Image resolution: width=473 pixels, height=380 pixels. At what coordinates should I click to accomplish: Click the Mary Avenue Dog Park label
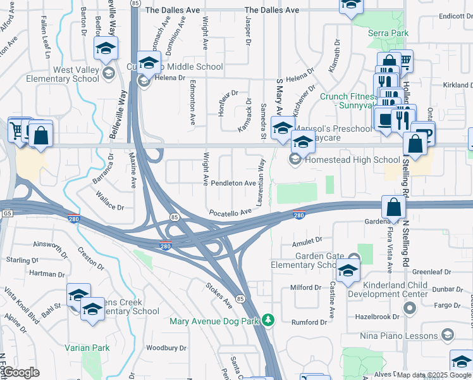point(215,321)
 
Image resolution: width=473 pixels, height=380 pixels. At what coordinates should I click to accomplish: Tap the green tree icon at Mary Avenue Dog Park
point(269,320)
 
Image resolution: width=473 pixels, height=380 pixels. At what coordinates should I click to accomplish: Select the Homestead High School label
point(352,160)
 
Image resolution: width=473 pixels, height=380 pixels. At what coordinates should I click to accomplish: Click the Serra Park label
point(390,33)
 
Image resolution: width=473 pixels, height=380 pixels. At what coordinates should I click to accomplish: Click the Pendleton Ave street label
point(233,183)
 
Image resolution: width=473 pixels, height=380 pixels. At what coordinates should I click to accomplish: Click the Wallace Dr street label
point(106,205)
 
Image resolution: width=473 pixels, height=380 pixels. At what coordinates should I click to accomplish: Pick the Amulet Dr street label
point(307,242)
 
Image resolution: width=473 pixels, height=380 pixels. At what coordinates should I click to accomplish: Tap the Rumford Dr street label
point(309,322)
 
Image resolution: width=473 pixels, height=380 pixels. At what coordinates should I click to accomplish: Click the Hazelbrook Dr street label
point(378,316)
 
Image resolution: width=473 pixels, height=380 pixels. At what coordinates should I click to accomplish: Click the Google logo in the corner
point(21,372)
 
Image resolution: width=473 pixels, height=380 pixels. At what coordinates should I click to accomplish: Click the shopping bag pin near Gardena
point(393,208)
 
